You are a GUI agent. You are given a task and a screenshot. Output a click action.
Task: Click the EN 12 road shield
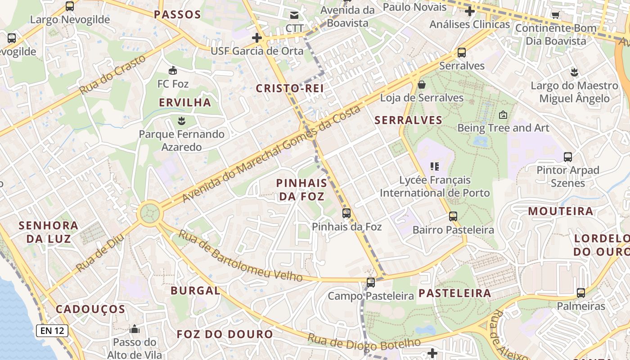pyautogui.click(x=52, y=331)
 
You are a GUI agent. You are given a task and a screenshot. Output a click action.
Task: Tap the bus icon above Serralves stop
pyautogui.click(x=462, y=53)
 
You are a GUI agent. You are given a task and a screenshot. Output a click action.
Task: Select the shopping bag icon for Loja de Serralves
pyautogui.click(x=422, y=85)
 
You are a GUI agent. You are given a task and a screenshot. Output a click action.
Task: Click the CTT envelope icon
pyautogui.click(x=294, y=15)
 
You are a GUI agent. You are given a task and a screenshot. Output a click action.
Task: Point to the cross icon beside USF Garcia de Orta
pyautogui.click(x=257, y=37)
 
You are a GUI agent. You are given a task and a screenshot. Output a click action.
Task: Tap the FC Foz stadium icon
pyautogui.click(x=172, y=70)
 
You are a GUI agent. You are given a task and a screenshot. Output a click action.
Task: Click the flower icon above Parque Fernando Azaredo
pyautogui.click(x=181, y=121)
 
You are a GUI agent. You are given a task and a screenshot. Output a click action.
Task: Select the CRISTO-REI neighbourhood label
pyautogui.click(x=290, y=88)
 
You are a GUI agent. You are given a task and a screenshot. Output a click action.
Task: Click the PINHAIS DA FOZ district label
pyautogui.click(x=301, y=189)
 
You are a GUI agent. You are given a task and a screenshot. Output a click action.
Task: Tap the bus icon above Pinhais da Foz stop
pyautogui.click(x=346, y=213)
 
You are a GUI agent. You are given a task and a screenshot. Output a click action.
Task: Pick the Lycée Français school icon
pyautogui.click(x=434, y=166)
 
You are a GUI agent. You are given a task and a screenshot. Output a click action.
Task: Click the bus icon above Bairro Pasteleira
pyautogui.click(x=453, y=216)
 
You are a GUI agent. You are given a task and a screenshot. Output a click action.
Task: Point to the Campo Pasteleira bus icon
pyautogui.click(x=370, y=283)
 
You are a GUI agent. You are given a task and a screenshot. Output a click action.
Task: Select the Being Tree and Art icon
pyautogui.click(x=503, y=115)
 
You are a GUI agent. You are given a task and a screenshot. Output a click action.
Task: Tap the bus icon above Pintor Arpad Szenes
pyautogui.click(x=568, y=157)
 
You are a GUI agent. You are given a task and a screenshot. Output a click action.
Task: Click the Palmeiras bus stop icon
pyautogui.click(x=581, y=293)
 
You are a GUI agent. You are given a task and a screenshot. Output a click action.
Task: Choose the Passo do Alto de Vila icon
pyautogui.click(x=134, y=329)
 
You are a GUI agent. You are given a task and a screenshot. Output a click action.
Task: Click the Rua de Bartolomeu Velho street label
pyautogui.click(x=240, y=256)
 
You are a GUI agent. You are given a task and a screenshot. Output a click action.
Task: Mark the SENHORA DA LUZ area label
pyautogui.click(x=49, y=232)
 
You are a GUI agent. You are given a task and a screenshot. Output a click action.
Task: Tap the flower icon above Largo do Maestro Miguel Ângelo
pyautogui.click(x=574, y=72)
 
